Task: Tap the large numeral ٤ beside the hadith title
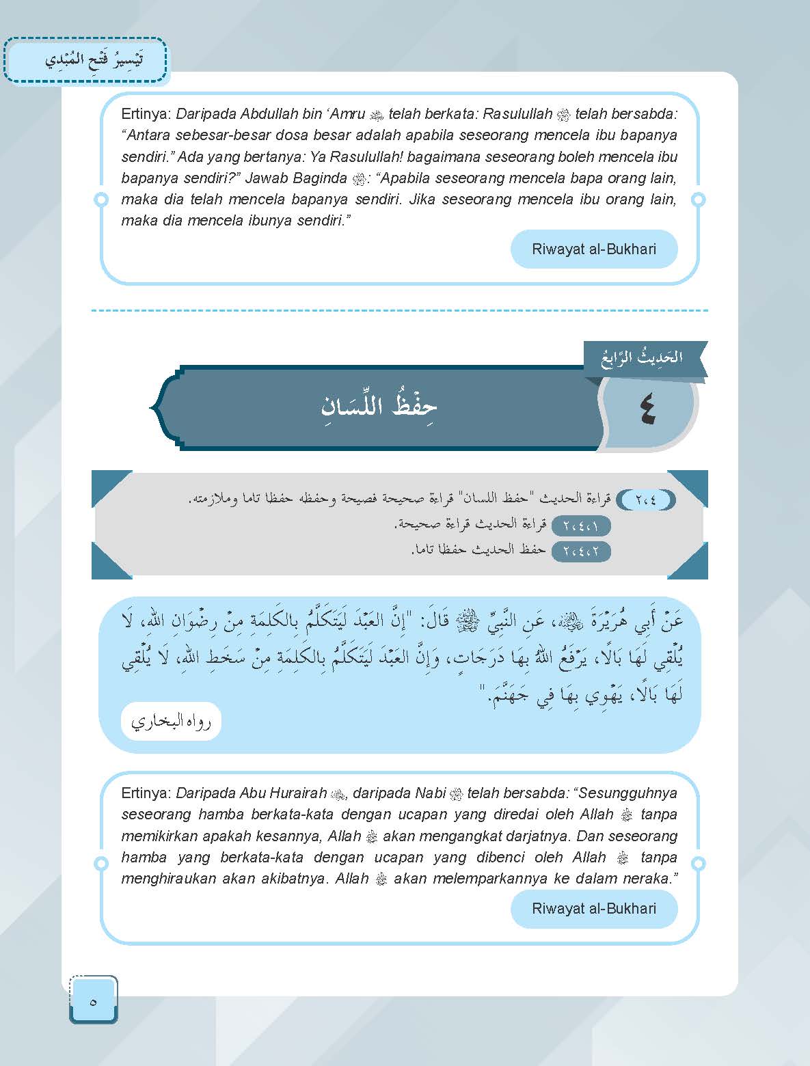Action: [x=647, y=412]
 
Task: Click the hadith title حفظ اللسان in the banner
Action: [x=379, y=406]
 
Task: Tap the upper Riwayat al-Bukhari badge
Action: [x=593, y=249]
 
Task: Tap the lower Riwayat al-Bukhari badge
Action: [x=593, y=908]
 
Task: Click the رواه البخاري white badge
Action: [x=172, y=721]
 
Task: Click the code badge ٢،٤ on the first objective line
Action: [x=645, y=500]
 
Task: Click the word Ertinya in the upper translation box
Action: [x=146, y=114]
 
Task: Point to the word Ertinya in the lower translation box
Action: [x=146, y=793]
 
